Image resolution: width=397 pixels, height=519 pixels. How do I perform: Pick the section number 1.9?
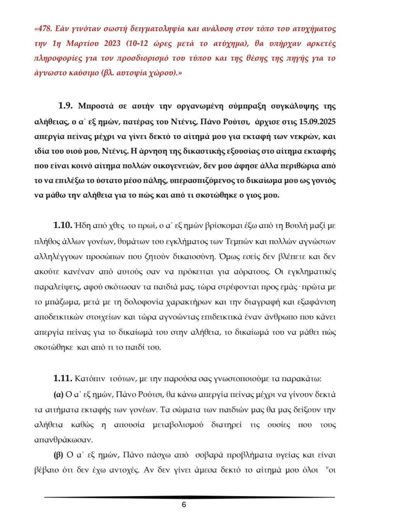[65, 106]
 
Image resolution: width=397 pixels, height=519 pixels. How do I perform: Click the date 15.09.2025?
[317, 122]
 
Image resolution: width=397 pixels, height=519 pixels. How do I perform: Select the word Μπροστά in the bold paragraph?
[96, 106]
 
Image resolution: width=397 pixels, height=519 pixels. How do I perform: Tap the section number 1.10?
[63, 225]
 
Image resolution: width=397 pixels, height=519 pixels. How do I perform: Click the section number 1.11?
[63, 378]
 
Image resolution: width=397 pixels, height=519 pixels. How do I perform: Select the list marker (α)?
[58, 394]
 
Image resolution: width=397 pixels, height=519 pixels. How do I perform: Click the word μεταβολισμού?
[178, 425]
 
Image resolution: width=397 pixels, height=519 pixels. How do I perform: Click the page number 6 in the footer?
[184, 505]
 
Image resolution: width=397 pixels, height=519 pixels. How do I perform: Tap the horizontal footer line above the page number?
[189, 497]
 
